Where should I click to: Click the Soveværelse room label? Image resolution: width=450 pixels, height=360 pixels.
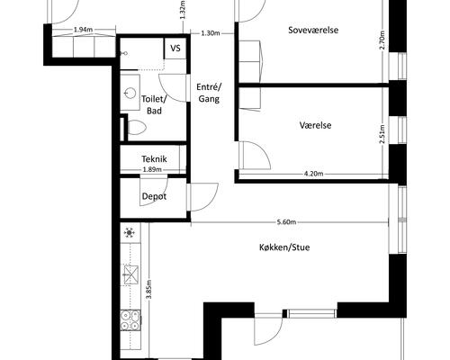point(313,30)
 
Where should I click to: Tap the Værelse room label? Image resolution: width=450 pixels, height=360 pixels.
point(315,125)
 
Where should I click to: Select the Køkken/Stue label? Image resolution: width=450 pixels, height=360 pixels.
point(284,247)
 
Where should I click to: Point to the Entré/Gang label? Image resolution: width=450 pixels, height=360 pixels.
point(209,93)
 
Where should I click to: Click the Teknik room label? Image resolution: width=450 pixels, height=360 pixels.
point(154,159)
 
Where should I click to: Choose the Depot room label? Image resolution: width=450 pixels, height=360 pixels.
point(154,196)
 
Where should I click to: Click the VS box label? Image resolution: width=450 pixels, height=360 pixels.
point(175,48)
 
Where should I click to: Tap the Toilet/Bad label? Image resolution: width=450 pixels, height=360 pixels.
point(154,104)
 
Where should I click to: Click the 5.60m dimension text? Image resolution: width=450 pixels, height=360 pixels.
point(286,222)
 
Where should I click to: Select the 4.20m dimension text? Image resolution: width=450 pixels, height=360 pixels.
point(313,174)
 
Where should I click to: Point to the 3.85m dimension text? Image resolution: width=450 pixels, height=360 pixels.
point(148,289)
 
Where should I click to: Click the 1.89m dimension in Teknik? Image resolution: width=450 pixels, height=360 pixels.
point(152,169)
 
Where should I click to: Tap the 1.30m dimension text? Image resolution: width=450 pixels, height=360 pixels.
point(211,33)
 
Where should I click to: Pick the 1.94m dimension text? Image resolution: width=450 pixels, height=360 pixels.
point(83,30)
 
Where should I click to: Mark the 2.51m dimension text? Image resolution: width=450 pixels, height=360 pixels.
point(382,134)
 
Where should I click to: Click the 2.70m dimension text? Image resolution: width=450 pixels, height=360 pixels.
point(382,40)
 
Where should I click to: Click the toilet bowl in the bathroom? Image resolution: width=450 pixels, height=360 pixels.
point(137,127)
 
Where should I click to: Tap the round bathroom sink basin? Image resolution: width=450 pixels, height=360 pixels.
point(130,93)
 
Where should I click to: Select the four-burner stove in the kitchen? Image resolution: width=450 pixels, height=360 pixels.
point(130,319)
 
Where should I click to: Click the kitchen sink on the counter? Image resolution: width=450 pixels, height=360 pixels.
point(130,274)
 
